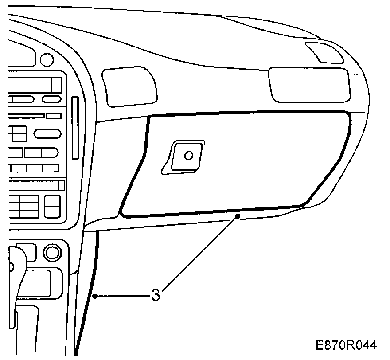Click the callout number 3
pos(155,295)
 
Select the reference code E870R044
pos(346,345)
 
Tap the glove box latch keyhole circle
pos(188,156)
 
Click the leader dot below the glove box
pos(238,216)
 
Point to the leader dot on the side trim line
pos(94,295)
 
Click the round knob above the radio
pos(46,59)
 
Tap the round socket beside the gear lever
pos(52,253)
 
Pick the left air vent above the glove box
pos(129,86)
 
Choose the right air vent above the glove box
pos(309,84)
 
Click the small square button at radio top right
pos(56,84)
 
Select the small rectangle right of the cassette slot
pos(54,116)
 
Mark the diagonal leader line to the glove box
pos(199,255)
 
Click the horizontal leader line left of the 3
pos(122,295)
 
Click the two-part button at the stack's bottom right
pos(53,206)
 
